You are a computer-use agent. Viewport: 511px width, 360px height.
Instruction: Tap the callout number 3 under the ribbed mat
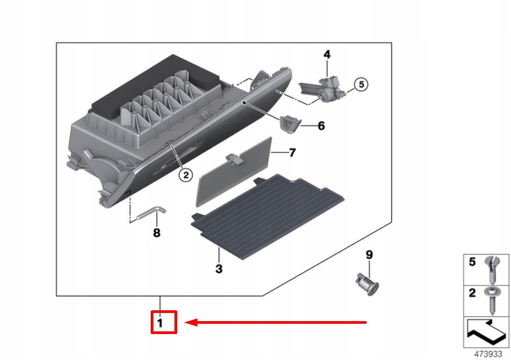click(x=219, y=269)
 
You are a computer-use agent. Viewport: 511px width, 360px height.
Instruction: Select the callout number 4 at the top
click(x=327, y=54)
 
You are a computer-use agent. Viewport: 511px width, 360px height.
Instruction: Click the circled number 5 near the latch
click(x=360, y=84)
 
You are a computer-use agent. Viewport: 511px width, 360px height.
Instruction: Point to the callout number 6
click(x=321, y=126)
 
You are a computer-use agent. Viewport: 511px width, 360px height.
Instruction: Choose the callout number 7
click(x=292, y=153)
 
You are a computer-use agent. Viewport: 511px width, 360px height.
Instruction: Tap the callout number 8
click(x=157, y=233)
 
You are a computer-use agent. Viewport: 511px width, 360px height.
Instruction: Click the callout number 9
click(x=369, y=254)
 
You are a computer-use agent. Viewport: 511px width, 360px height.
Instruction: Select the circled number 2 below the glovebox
click(x=185, y=175)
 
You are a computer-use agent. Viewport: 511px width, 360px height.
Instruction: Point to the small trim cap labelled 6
click(x=289, y=124)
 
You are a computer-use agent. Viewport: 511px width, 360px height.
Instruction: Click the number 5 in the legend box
click(x=472, y=263)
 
